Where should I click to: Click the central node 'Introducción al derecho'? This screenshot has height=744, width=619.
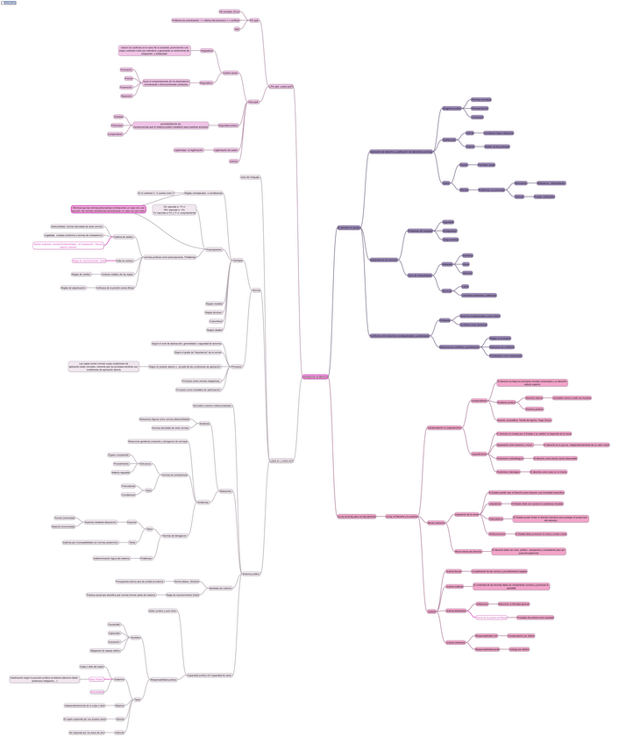[315, 376]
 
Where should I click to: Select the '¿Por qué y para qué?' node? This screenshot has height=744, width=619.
[282, 86]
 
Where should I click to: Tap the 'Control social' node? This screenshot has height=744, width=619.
[231, 72]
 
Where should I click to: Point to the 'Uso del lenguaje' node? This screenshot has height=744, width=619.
[250, 177]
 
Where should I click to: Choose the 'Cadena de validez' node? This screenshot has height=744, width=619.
[124, 237]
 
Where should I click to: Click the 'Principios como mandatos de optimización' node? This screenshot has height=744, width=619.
[201, 390]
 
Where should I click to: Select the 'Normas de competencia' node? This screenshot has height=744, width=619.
[174, 475]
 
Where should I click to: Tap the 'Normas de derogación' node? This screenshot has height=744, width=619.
[174, 535]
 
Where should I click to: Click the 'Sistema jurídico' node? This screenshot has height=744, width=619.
[251, 574]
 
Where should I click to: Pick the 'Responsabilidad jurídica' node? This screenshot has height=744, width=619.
[164, 679]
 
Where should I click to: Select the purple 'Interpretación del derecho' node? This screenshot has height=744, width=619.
[383, 261]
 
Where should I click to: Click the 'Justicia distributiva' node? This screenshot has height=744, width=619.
[456, 610]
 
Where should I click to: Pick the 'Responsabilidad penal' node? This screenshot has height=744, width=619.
[487, 649]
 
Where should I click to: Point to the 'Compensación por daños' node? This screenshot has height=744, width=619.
[527, 634]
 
